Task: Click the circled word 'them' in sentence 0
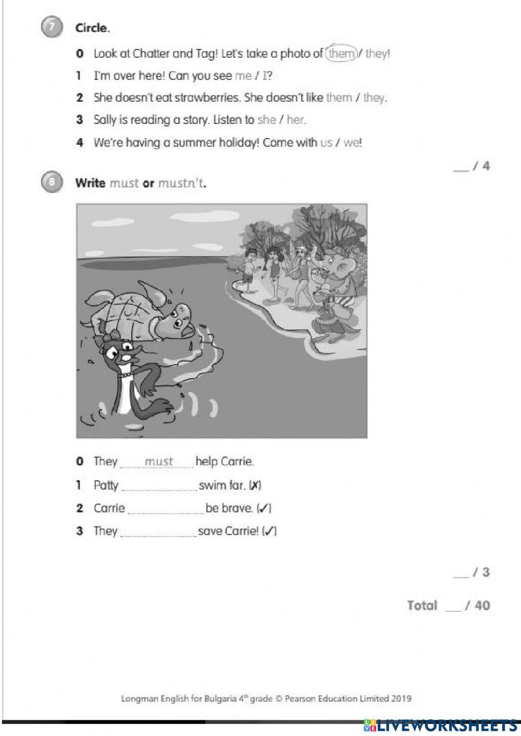[x=341, y=53]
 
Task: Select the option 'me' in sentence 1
[x=243, y=76]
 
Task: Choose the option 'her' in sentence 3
[x=295, y=120]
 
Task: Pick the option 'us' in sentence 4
[x=326, y=143]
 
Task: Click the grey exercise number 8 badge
[x=51, y=182]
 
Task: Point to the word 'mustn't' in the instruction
[x=181, y=183]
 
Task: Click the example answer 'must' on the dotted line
[x=158, y=461]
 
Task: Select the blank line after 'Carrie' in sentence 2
[x=165, y=510]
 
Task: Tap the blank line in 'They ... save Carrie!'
[x=158, y=533]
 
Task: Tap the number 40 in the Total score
[x=482, y=605]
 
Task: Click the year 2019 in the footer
[x=400, y=698]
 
